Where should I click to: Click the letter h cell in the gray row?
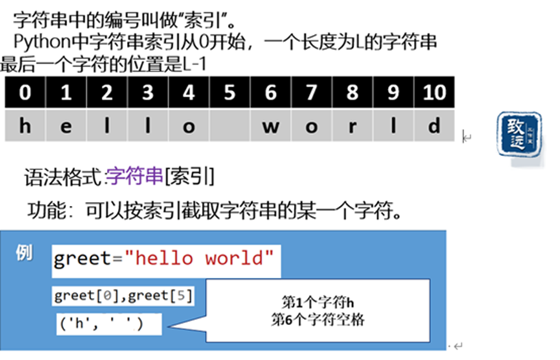(25, 126)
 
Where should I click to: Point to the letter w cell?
(271, 126)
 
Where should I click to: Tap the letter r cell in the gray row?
(352, 126)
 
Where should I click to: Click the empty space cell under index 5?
(229, 126)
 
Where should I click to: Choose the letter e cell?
(65, 126)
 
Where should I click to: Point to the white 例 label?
(25, 253)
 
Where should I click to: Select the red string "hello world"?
(199, 258)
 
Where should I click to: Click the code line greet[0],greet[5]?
(123, 296)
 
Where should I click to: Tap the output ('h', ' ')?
(100, 323)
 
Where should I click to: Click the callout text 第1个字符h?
(319, 302)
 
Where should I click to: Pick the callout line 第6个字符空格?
(319, 319)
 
